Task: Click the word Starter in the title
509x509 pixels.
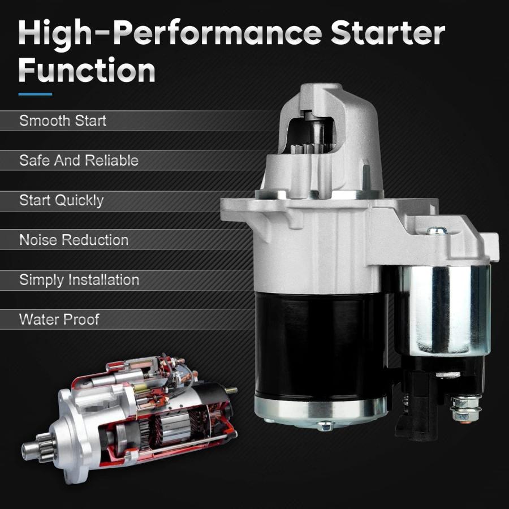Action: pyautogui.click(x=387, y=33)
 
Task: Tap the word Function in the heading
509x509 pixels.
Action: pyautogui.click(x=87, y=70)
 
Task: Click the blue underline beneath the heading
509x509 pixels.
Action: pyautogui.click(x=35, y=94)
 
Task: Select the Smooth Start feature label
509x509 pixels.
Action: pyautogui.click(x=63, y=120)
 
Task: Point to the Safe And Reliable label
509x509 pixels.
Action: pyautogui.click(x=79, y=161)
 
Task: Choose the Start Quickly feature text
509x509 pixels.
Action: pyautogui.click(x=61, y=201)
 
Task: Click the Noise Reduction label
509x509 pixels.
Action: pyautogui.click(x=74, y=240)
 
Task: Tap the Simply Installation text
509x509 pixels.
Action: pyautogui.click(x=79, y=280)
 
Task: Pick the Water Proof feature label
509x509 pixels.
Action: pyautogui.click(x=59, y=320)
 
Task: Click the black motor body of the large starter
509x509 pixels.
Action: pyautogui.click(x=320, y=344)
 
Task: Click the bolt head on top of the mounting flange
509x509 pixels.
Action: pyautogui.click(x=437, y=231)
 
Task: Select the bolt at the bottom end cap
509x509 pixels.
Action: pyautogui.click(x=325, y=425)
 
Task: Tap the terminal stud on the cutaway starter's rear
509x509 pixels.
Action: pyautogui.click(x=231, y=390)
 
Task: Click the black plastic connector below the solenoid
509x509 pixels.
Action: pyautogui.click(x=416, y=406)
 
